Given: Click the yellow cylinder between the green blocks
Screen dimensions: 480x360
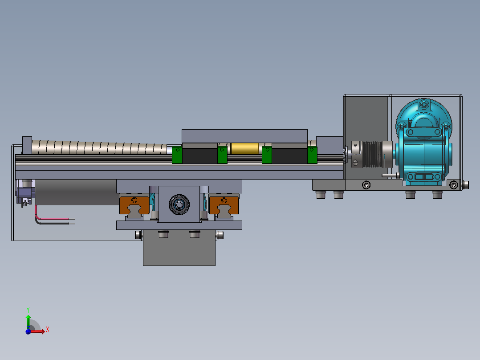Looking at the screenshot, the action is click(244, 149).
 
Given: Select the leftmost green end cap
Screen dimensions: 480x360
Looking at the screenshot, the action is click(177, 155).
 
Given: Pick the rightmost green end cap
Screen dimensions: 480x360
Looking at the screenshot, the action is click(312, 155).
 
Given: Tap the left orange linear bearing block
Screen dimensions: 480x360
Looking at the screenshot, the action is click(134, 205).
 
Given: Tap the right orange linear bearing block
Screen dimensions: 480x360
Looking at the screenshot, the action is click(224, 205).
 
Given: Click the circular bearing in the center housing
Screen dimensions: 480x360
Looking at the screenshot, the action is click(179, 205).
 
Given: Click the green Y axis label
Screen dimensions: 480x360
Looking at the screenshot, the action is click(28, 310).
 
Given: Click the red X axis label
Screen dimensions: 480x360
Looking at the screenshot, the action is click(48, 330).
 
